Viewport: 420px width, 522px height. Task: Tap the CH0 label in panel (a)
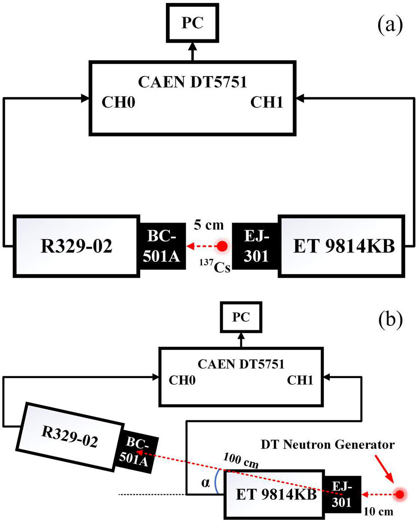click(x=118, y=103)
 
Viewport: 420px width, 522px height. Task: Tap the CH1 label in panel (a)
click(x=266, y=103)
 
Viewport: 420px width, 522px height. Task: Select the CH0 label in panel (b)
click(x=182, y=380)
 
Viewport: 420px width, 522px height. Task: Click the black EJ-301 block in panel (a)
click(x=255, y=246)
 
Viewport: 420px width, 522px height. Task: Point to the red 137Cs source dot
click(x=222, y=246)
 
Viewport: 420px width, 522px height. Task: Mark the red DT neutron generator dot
click(x=400, y=495)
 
